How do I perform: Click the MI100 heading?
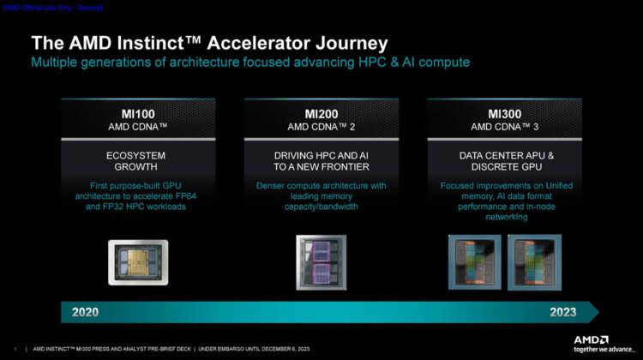138,114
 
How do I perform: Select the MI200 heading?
321,114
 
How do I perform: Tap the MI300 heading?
505,114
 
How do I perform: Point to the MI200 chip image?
321,261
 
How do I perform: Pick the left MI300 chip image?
474,261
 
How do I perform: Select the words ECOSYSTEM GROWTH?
138,162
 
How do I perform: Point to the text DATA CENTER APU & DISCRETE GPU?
505,162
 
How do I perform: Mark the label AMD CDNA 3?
504,128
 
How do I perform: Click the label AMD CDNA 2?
321,128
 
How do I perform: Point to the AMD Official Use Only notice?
53,7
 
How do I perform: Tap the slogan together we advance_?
604,349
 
